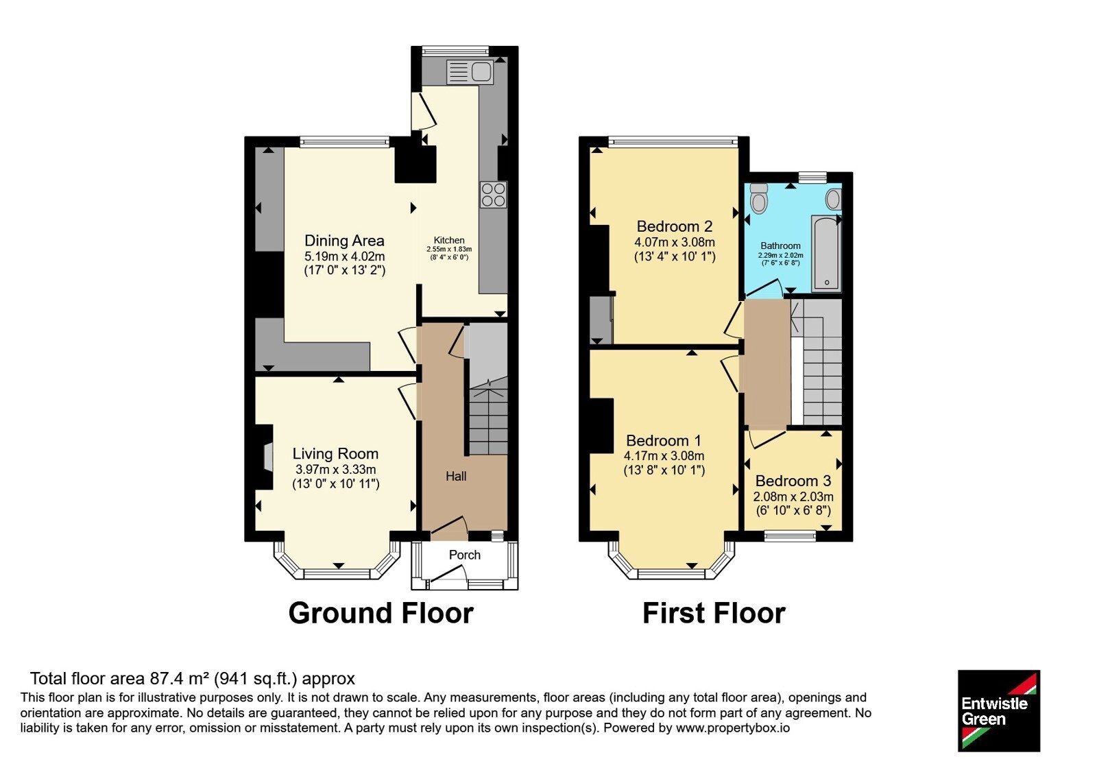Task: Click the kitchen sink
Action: coord(470,73)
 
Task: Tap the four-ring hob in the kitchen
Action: coord(493,195)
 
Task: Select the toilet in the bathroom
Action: coord(758,198)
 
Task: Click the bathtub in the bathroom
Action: coord(826,253)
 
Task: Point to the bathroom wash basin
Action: coord(833,200)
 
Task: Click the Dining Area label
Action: coord(344,241)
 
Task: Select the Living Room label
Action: coord(335,453)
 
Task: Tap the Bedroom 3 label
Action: coord(793,481)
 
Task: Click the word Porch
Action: coord(465,555)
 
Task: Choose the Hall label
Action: coord(456,476)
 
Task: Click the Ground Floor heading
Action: coord(381,613)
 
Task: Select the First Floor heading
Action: coord(714,613)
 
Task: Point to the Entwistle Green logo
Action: coord(999,710)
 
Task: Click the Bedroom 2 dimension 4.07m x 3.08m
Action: coord(675,242)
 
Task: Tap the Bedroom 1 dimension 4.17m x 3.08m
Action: coord(664,455)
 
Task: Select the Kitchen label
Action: coord(449,240)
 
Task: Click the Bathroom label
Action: coord(781,246)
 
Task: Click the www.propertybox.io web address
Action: coord(733,728)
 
